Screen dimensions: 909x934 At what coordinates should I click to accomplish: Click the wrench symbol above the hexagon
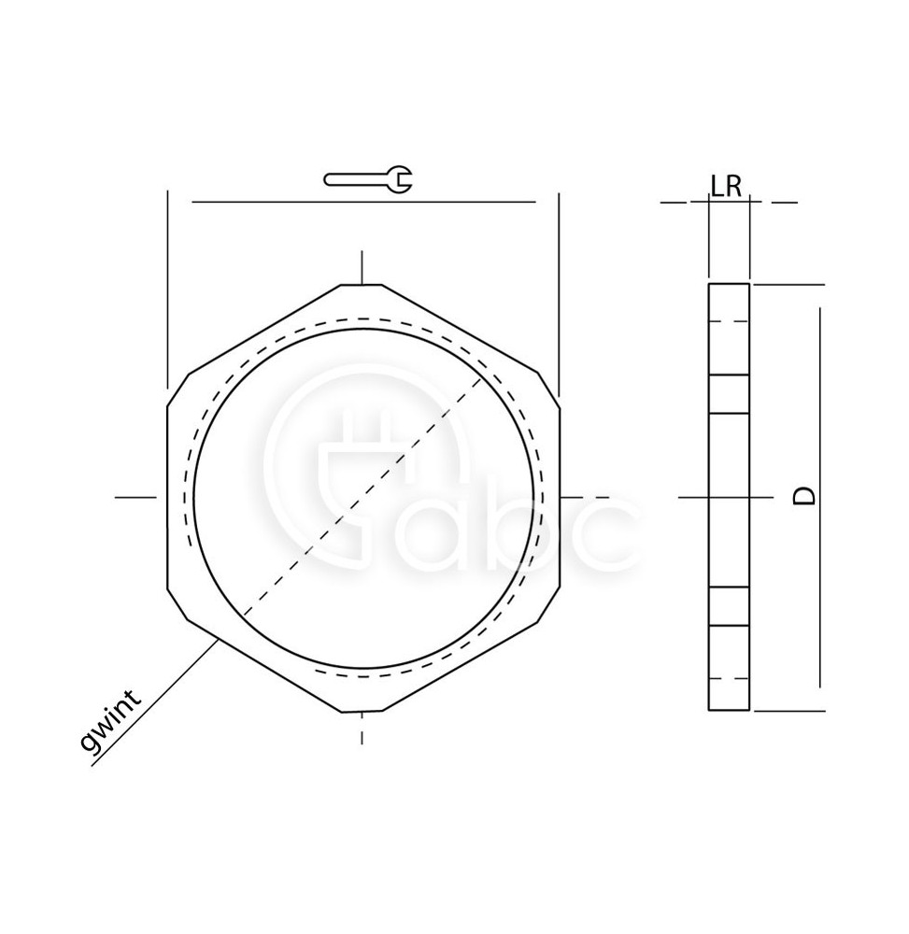tap(367, 179)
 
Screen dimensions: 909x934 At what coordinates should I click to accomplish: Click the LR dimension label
tap(726, 187)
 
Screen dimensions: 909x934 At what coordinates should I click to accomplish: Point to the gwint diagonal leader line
tap(153, 702)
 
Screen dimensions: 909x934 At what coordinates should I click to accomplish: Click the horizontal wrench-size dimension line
tap(363, 203)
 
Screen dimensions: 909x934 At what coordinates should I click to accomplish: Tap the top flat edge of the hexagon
tap(361, 285)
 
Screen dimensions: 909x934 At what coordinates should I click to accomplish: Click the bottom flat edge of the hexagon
tap(361, 711)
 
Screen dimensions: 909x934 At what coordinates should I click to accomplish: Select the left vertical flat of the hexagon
tap(167, 498)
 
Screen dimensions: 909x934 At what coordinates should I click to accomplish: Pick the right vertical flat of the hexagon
tap(560, 498)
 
